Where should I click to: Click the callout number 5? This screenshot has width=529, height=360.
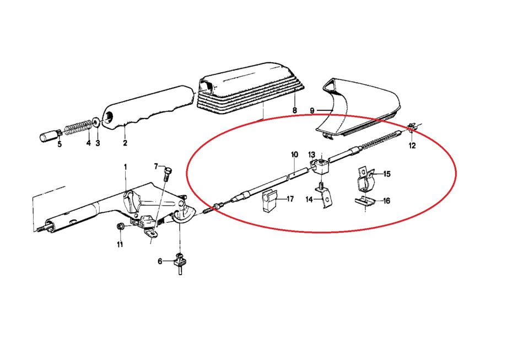60,144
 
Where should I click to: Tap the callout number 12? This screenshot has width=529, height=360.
412,146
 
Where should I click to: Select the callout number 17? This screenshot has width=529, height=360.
290,199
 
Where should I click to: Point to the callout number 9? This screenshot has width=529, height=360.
312,111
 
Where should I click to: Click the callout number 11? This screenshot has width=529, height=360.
120,244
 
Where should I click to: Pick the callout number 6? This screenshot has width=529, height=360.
160,261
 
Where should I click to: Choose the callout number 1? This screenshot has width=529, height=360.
126,167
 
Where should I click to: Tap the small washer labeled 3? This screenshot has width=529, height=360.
96,122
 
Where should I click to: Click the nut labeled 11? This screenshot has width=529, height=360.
120,227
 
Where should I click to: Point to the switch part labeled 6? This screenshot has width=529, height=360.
180,263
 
